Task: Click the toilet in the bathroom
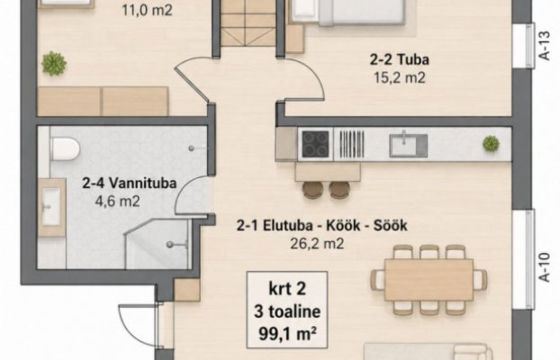click(65, 149)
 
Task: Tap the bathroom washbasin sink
click(51, 207)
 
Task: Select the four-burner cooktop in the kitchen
click(315, 144)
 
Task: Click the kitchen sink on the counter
click(408, 145)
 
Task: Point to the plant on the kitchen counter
click(491, 144)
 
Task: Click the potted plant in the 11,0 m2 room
click(54, 64)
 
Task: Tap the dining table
click(429, 280)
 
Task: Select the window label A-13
click(545, 46)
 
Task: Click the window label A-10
click(545, 267)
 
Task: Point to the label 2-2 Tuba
click(399, 59)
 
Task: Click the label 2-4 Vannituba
click(130, 184)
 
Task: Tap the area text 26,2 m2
click(317, 244)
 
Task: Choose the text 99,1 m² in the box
click(287, 335)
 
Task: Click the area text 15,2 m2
click(400, 77)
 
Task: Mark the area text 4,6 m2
click(117, 202)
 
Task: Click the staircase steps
click(248, 23)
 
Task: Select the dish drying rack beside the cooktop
click(351, 144)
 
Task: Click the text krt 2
click(287, 289)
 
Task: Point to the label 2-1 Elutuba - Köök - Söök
click(321, 226)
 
